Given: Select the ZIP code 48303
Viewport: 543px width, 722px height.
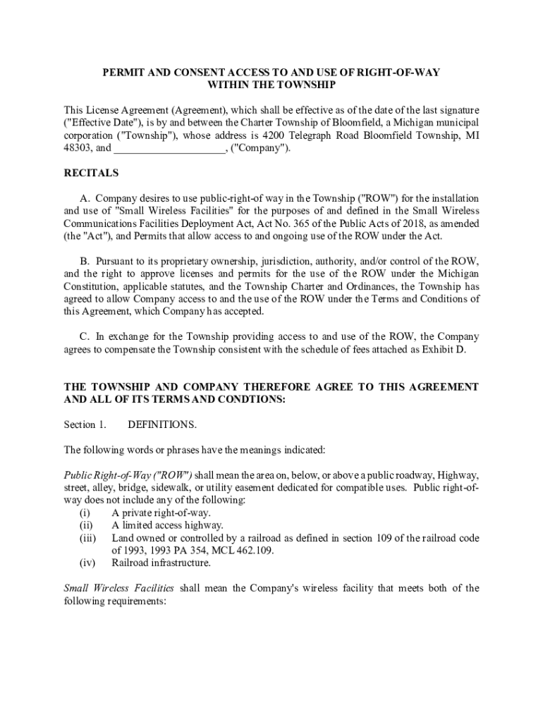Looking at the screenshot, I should pos(78,149).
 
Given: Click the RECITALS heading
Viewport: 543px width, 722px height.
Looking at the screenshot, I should pos(91,173).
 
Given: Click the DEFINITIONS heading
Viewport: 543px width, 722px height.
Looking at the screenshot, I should pos(162,425).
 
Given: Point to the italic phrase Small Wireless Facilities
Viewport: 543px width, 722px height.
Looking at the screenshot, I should pos(119,588).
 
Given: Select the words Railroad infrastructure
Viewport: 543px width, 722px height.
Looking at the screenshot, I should pos(161,563).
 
